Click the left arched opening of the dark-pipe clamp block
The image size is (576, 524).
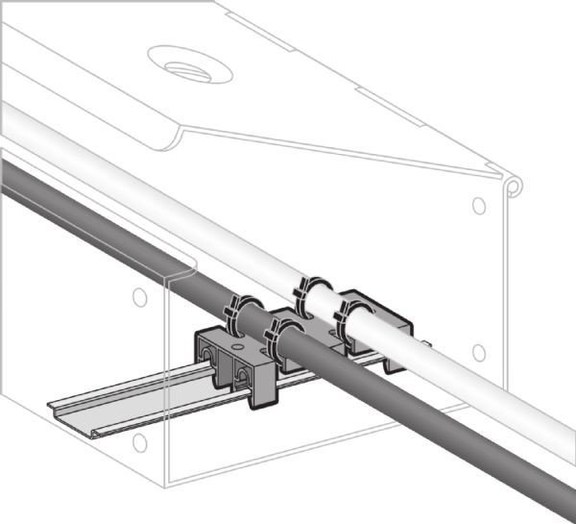pyautogui.click(x=210, y=358)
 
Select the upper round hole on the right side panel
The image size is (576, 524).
pyautogui.click(x=478, y=205)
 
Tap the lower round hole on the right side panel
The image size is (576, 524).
pyautogui.click(x=478, y=353)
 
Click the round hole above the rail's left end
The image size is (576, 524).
pyautogui.click(x=139, y=296)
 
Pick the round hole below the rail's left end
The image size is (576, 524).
pyautogui.click(x=140, y=442)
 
